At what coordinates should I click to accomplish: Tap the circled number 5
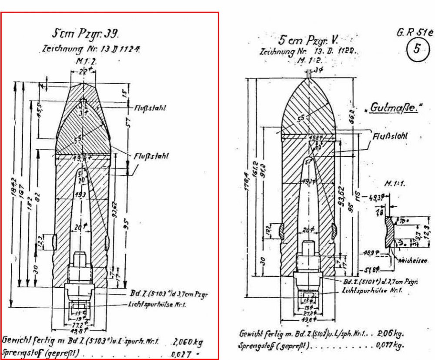click(x=416, y=49)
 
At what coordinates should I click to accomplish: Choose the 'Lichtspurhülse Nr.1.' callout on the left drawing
click(x=157, y=305)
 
